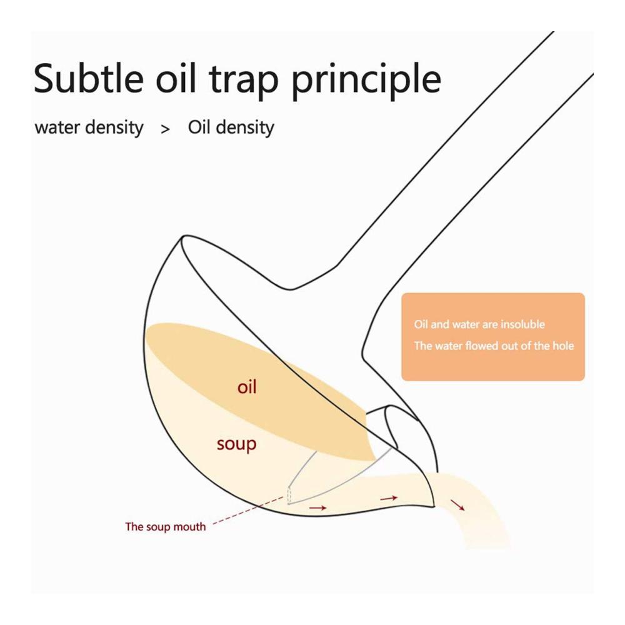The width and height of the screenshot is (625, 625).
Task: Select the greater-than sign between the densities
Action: click(166, 129)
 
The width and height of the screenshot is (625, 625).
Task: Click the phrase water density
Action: click(89, 127)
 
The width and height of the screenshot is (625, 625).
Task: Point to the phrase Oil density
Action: click(231, 127)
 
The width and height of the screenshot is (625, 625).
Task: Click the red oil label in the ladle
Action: click(247, 387)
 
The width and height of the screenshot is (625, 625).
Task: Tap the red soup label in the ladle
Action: click(236, 444)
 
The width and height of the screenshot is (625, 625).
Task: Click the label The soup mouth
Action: click(166, 526)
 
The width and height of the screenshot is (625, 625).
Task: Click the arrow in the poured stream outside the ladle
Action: click(457, 504)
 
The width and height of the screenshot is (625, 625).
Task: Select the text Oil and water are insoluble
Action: click(479, 324)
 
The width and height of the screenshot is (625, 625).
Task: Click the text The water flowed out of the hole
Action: click(494, 346)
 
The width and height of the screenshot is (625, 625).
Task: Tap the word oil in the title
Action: click(176, 78)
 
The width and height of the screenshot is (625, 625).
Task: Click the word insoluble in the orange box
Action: click(523, 324)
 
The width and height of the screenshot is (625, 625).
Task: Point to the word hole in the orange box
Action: click(563, 345)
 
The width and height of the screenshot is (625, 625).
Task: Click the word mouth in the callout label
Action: click(190, 526)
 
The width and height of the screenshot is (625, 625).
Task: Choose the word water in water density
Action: click(57, 128)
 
